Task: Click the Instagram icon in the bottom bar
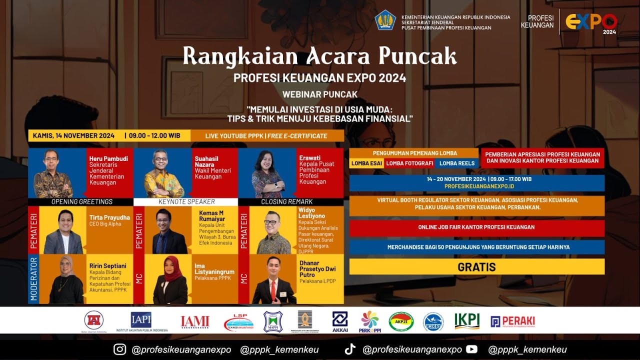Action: (119, 349)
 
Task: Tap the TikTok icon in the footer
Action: (350, 349)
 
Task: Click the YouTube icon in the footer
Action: (471, 349)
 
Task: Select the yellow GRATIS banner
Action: (476, 267)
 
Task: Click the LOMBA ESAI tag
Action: (366, 163)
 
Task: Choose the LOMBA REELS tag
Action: (456, 163)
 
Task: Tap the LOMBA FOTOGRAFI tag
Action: (409, 163)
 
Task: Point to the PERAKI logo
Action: (512, 321)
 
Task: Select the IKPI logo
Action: (466, 321)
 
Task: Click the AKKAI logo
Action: (340, 321)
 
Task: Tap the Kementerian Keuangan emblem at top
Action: (385, 20)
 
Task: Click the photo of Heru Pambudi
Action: (52, 173)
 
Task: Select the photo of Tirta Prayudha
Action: (63, 232)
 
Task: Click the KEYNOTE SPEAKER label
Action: (186, 202)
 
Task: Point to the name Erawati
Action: (310, 158)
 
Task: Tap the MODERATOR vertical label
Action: (33, 279)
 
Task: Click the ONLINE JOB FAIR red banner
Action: (476, 227)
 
